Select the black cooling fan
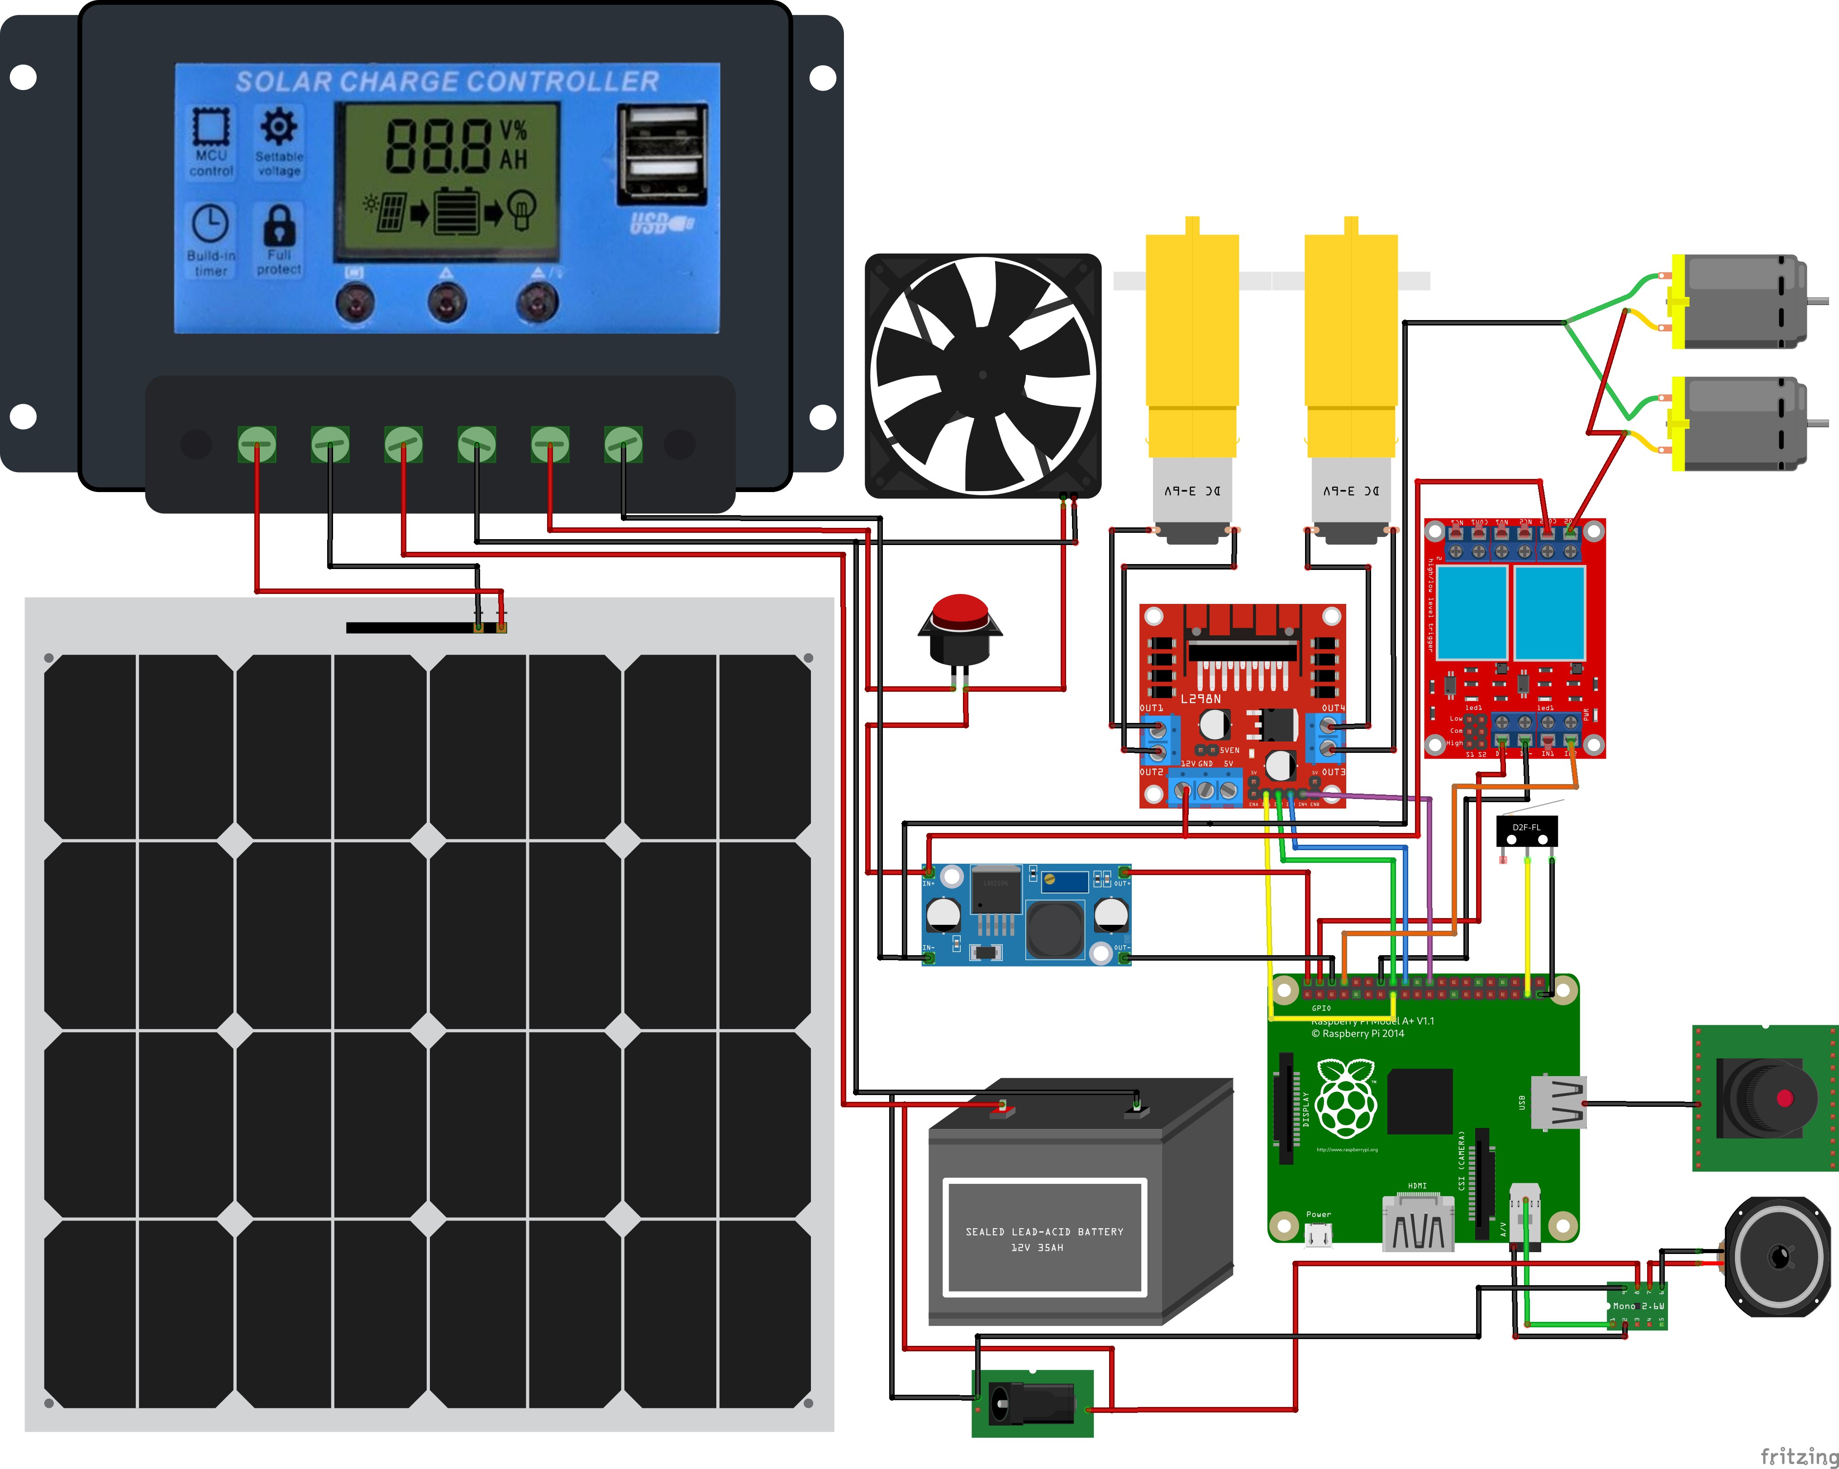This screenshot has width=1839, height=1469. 982,375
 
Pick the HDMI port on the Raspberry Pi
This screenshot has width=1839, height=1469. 1418,1224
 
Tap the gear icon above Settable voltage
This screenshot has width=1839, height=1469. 279,126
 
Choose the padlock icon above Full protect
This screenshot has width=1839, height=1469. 279,225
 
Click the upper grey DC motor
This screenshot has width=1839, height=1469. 1740,301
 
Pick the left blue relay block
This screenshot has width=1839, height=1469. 1472,612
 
